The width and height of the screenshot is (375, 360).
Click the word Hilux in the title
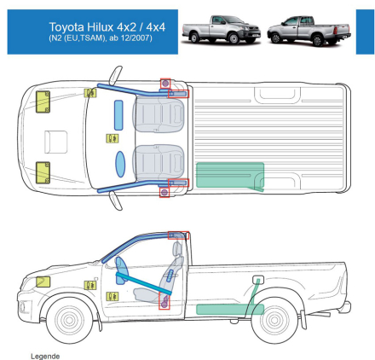point(100,27)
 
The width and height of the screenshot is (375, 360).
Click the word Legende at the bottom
point(45,357)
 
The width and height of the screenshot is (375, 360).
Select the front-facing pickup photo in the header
point(222,30)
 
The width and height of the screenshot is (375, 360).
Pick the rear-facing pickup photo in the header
point(309,31)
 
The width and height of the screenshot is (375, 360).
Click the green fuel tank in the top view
point(230,177)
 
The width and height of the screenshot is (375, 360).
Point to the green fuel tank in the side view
point(230,310)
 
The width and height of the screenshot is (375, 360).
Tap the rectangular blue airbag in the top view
point(118,115)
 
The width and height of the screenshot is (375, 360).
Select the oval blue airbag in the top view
point(120,164)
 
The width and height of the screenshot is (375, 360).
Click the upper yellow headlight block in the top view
point(43,102)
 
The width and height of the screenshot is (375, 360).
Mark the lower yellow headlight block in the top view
point(43,172)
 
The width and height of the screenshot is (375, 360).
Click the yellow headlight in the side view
point(43,282)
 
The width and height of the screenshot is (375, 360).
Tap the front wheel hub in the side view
point(69,320)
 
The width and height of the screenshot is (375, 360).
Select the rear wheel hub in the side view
point(274,320)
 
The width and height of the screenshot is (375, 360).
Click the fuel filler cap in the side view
point(258,280)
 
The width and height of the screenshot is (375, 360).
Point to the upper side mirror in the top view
point(116,75)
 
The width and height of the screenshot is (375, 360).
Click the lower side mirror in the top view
point(116,200)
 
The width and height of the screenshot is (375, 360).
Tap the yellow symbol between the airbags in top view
point(112,138)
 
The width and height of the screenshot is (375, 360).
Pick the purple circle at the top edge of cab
point(165,84)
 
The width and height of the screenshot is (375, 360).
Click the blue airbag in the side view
point(122,270)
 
